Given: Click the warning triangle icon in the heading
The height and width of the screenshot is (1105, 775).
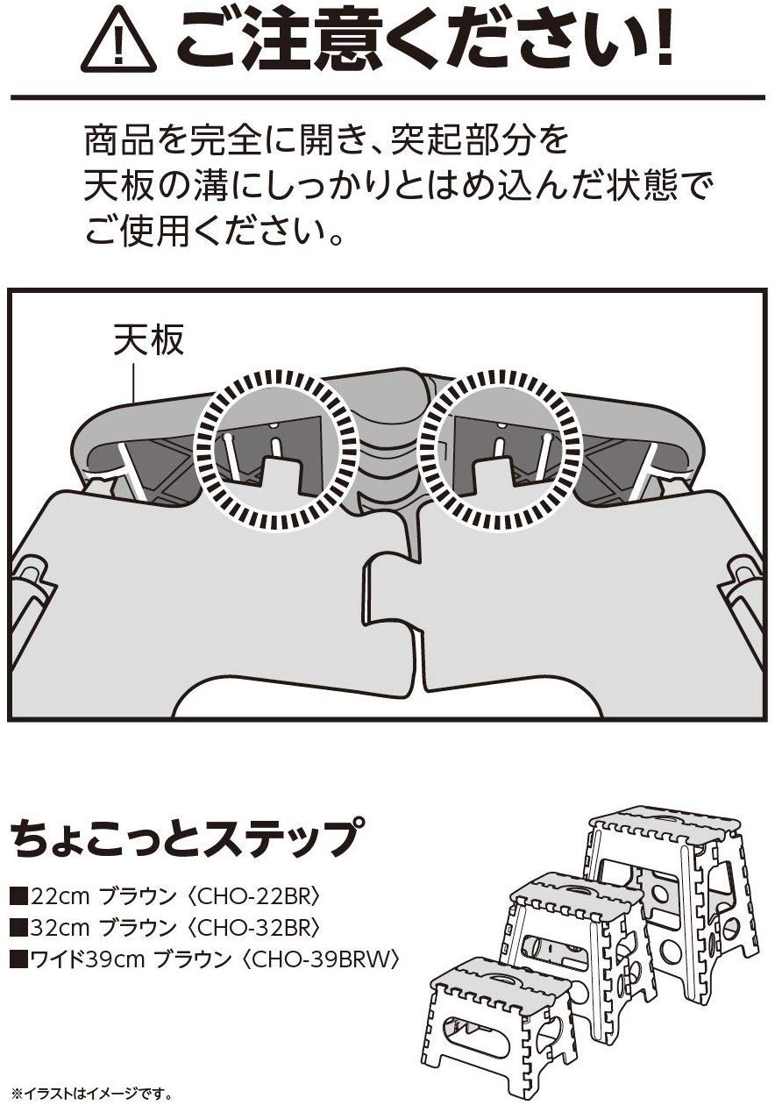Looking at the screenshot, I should (118, 43).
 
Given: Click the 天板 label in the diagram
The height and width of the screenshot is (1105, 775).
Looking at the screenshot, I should (149, 340).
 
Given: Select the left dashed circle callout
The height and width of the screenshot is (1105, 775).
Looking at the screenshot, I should (275, 451).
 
